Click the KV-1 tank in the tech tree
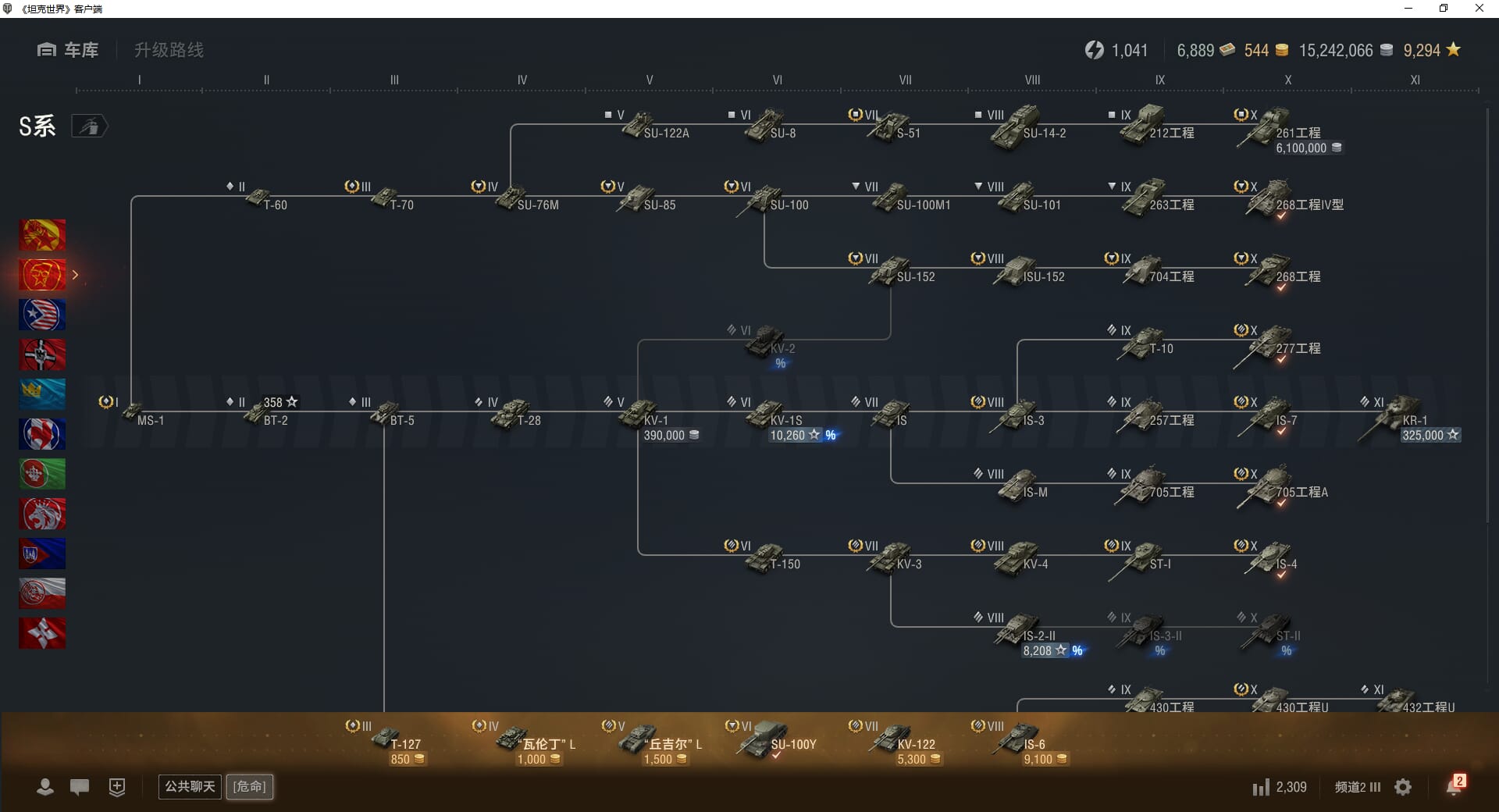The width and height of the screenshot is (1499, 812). [x=639, y=413]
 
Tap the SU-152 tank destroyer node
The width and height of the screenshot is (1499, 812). [x=891, y=270]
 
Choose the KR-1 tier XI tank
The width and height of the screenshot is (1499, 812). [x=1398, y=414]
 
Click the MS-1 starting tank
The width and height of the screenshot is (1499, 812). [x=134, y=414]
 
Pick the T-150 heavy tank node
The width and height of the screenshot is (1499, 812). [x=766, y=557]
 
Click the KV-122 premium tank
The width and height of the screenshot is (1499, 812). [x=892, y=738]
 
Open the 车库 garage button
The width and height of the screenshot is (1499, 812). [x=68, y=50]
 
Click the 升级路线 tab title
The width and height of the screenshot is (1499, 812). [x=169, y=50]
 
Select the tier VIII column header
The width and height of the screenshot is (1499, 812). [x=1032, y=80]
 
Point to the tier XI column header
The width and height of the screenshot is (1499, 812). [x=1415, y=80]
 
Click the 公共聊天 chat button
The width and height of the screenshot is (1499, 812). [x=190, y=786]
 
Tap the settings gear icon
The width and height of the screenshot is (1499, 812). [x=1403, y=787]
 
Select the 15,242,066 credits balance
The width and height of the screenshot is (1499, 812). [x=1335, y=51]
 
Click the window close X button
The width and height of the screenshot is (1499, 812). [x=1479, y=9]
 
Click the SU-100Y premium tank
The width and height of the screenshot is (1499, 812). [x=766, y=738]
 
